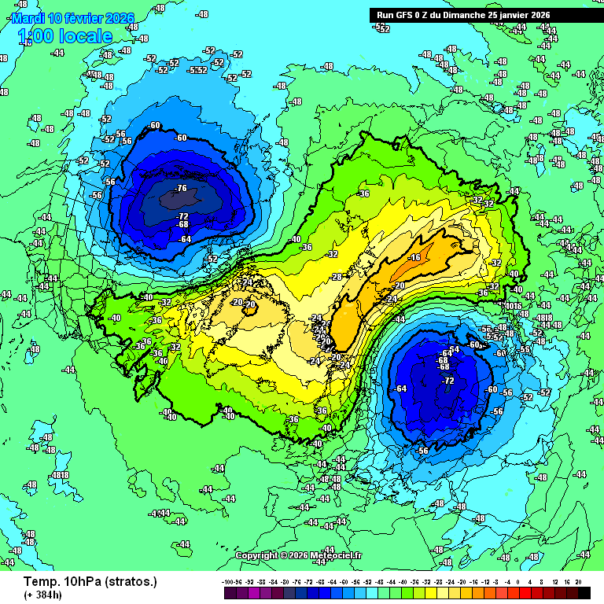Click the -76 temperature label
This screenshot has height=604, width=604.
pyautogui.click(x=182, y=188)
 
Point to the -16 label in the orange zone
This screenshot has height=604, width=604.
pyautogui.click(x=415, y=257)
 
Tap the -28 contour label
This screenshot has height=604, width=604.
pyautogui.click(x=337, y=277)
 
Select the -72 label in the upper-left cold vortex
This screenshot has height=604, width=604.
pyautogui.click(x=182, y=216)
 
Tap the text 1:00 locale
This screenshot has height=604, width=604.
pyautogui.click(x=64, y=35)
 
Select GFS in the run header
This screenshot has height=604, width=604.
pyautogui.click(x=406, y=15)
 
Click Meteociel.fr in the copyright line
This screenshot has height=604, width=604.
pyautogui.click(x=336, y=555)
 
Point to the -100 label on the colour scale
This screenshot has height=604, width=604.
pyautogui.click(x=228, y=582)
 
